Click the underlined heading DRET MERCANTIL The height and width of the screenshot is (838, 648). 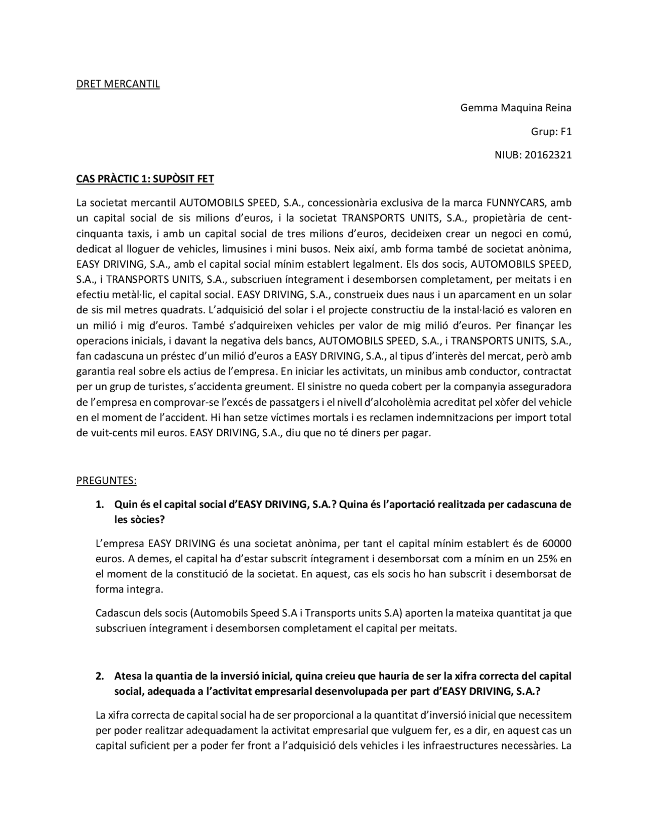117,84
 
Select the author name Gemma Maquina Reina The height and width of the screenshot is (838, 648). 516,108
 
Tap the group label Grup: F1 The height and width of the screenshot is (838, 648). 551,132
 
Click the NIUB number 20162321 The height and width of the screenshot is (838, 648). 548,155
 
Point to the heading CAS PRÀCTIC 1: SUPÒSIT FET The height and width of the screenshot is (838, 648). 145,179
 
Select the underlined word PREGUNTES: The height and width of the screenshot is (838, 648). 106,480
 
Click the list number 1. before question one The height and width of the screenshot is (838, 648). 100,505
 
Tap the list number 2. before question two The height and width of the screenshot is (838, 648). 100,676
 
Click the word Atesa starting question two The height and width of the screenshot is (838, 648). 127,676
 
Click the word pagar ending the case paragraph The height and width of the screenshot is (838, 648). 417,434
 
